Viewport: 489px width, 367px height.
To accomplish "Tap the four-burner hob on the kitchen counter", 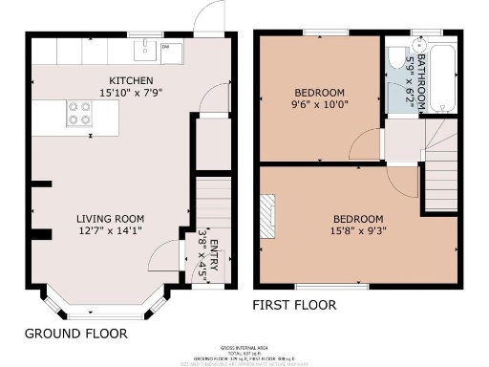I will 78,115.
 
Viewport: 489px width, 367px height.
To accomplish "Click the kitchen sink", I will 146,49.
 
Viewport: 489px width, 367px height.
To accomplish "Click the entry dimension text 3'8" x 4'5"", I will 202,253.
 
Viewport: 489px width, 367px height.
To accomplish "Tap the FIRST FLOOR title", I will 294,306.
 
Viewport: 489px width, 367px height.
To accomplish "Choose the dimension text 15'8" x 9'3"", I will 357,230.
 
